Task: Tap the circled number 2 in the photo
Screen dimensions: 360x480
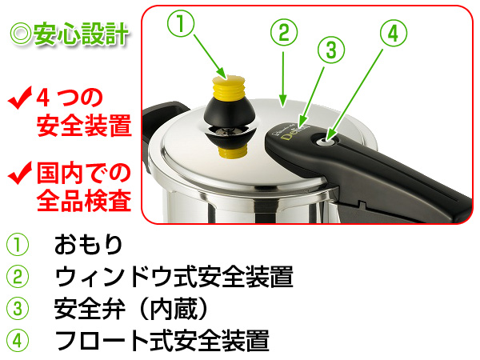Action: (283, 34)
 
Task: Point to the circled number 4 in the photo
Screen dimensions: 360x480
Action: (392, 34)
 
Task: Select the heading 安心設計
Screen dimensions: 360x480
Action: (70, 35)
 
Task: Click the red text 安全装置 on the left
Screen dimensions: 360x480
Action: (84, 126)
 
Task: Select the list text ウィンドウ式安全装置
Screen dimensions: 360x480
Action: (173, 277)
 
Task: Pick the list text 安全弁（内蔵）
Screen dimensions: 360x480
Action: (133, 309)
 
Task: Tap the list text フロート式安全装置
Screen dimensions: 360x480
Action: (160, 341)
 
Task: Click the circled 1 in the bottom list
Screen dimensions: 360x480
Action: (18, 244)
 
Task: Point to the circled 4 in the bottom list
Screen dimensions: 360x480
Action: (18, 341)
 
